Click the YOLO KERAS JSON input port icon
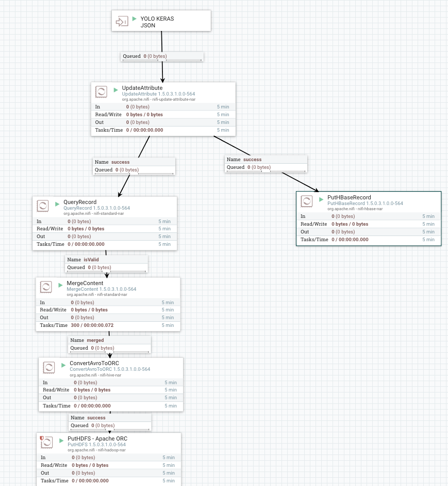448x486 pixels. point(122,22)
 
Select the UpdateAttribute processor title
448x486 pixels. point(142,88)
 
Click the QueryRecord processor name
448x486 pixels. point(80,202)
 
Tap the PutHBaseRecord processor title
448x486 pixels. point(349,197)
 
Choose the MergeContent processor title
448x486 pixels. point(85,283)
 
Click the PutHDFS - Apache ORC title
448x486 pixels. point(97,438)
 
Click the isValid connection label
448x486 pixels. point(91,259)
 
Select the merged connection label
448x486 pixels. point(95,340)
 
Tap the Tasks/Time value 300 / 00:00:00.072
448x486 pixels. point(92,325)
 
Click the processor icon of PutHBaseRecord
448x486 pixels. point(307,201)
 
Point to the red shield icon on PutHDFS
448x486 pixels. point(42,438)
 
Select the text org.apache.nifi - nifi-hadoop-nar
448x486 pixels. point(96,450)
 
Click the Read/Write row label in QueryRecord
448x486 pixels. point(50,229)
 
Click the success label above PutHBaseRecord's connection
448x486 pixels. point(252,160)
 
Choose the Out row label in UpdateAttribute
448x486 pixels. point(99,122)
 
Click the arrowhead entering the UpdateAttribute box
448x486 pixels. point(163,80)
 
